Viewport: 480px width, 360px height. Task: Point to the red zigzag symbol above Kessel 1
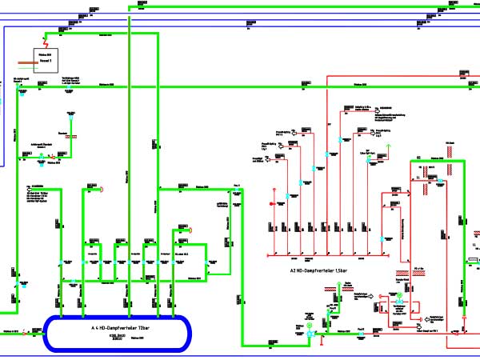46,40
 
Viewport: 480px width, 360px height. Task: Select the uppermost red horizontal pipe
400,74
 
